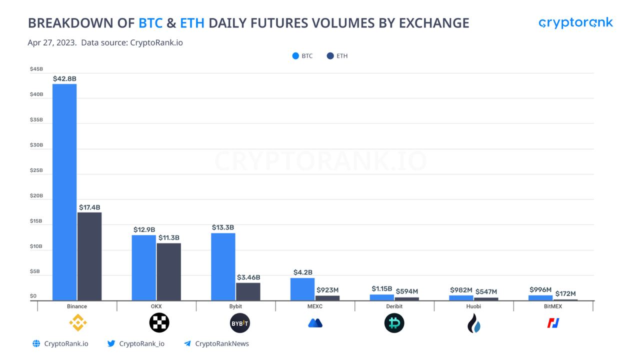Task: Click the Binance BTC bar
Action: (64, 192)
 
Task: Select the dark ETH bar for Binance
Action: (89, 256)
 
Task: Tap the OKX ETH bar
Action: (168, 271)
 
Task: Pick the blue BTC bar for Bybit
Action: (223, 266)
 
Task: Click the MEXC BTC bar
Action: (302, 289)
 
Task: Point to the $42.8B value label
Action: (64, 78)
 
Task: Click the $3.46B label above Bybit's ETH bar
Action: (248, 277)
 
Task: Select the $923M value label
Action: (327, 290)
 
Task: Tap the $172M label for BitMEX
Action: (565, 293)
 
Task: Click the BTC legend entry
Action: (302, 56)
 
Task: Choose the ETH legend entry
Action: (337, 56)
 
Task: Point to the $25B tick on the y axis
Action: (36, 170)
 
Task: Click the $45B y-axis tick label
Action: (36, 69)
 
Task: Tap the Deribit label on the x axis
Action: (394, 306)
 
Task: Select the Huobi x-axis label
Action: (473, 306)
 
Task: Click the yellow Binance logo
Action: (77, 323)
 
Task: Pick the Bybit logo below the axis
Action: (239, 323)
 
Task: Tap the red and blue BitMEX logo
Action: (553, 323)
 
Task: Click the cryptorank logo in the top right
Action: (575, 23)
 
